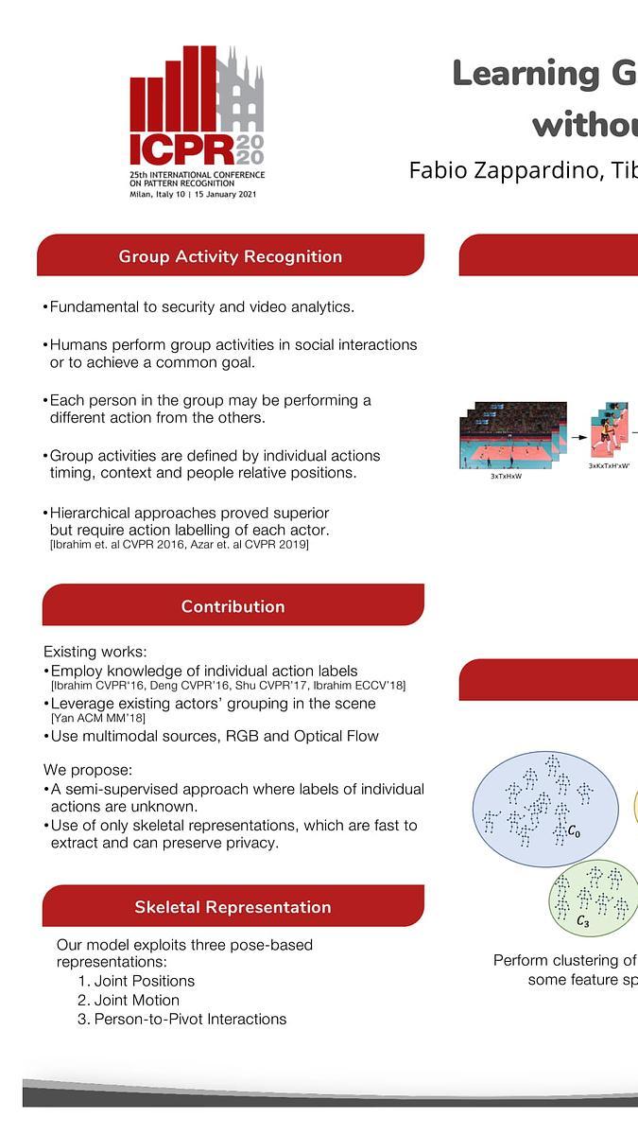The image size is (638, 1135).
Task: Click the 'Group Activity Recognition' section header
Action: [x=230, y=256]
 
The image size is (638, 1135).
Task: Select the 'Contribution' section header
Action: [x=233, y=606]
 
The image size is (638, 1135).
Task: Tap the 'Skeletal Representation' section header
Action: [x=233, y=907]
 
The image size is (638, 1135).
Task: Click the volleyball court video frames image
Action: [x=514, y=435]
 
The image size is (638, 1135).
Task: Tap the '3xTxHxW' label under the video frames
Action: [x=506, y=476]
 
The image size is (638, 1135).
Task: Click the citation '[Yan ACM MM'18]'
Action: [x=97, y=718]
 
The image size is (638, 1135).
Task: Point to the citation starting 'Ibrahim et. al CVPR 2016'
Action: [x=180, y=544]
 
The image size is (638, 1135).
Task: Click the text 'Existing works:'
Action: [x=95, y=652]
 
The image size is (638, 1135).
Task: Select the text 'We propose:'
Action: [x=88, y=770]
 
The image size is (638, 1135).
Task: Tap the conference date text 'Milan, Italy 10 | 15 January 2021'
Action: [x=193, y=195]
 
